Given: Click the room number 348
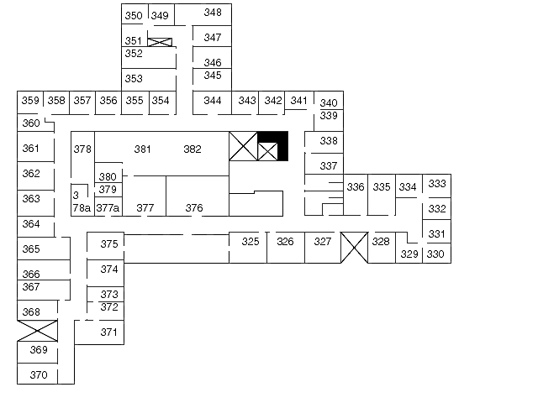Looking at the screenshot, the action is pos(213,13).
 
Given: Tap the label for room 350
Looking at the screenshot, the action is pos(134,16).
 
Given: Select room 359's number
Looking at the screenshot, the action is pos(30,101).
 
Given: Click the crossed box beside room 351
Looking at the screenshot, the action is pos(160,42).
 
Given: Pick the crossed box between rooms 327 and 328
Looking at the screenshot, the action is pos(355,248).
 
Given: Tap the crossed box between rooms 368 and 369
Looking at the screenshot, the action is pos(37,331).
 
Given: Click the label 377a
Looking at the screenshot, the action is pos(108,208).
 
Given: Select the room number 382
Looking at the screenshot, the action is pos(193,149).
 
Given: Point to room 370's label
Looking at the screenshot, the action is pos(39,375).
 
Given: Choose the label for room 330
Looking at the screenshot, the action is pos(435,254).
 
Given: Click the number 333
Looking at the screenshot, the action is pos(437,184).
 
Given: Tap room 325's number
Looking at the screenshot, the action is pos(251,242).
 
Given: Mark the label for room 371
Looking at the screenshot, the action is pos(109,332).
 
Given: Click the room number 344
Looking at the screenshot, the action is pos(213,101).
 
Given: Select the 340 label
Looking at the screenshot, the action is pos(329,102).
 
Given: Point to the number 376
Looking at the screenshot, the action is pos(194,208).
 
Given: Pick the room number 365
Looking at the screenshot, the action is pos(31,249).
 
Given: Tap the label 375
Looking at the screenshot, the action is pos(109,244).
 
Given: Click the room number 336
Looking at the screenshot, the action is pos(356,187).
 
